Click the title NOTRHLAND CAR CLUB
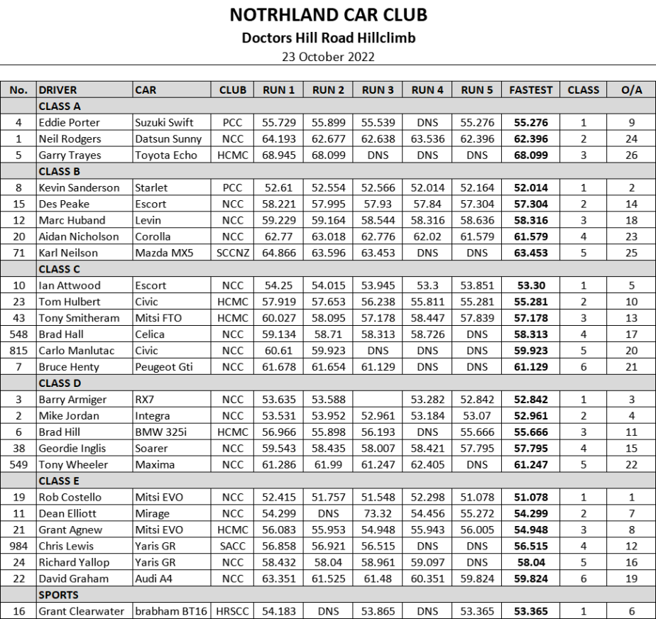(x=329, y=15)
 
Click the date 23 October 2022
(x=329, y=57)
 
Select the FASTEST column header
(x=530, y=90)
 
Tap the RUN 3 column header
(x=378, y=90)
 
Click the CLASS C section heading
(x=60, y=269)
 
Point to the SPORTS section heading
(x=59, y=595)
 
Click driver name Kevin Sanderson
(x=75, y=188)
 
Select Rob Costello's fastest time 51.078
(x=530, y=497)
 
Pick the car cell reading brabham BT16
(x=170, y=611)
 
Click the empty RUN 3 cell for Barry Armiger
(x=378, y=400)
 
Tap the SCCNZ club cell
(x=232, y=253)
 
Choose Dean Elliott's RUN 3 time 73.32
(x=378, y=513)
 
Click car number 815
(x=19, y=351)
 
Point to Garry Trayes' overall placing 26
(x=631, y=155)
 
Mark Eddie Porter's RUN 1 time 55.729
(x=278, y=123)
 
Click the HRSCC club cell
(x=232, y=611)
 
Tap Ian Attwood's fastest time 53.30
(x=530, y=285)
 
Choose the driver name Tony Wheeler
(x=73, y=464)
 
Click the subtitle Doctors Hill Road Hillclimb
(x=329, y=38)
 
